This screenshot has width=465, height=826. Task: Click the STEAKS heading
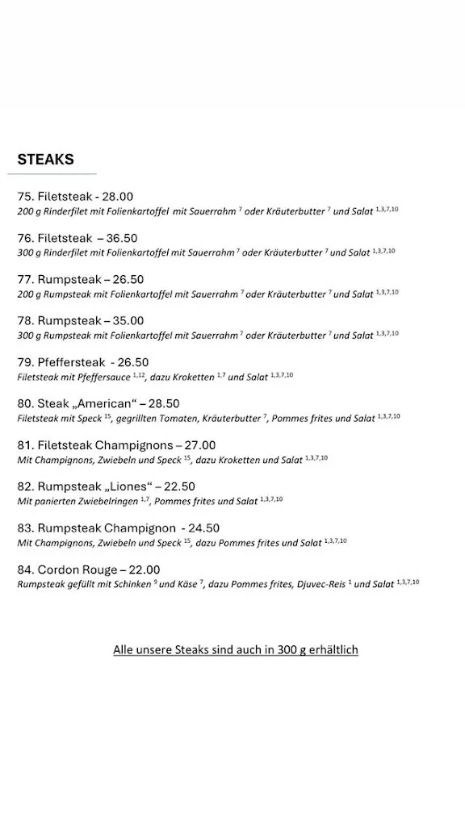(45, 159)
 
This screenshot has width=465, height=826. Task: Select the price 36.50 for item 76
(122, 238)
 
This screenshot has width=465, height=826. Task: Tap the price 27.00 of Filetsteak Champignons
(200, 444)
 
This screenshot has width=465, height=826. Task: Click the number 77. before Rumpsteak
(26, 279)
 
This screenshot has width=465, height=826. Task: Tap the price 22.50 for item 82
(179, 486)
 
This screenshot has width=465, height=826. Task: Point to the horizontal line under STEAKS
(56, 173)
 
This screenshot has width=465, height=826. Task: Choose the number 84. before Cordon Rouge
(26, 569)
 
